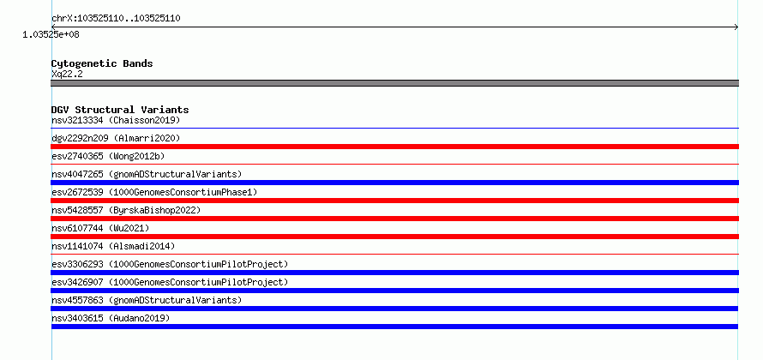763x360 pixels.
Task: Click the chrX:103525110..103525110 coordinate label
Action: [117, 19]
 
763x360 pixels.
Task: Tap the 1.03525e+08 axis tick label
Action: [51, 34]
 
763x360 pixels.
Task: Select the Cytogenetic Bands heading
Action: [102, 63]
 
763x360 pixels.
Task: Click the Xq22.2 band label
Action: [67, 74]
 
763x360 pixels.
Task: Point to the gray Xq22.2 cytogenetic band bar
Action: [394, 83]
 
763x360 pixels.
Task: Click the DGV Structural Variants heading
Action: [120, 110]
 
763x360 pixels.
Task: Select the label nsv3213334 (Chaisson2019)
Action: [116, 120]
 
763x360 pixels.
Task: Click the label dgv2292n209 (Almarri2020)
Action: [116, 138]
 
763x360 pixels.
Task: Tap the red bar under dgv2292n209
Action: [394, 147]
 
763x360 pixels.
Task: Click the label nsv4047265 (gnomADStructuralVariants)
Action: [147, 174]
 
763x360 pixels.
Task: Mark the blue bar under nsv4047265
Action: [394, 183]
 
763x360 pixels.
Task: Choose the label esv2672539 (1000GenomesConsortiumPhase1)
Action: [154, 192]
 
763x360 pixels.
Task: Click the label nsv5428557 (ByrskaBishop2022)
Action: [126, 210]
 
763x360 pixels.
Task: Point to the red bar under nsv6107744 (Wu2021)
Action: [394, 237]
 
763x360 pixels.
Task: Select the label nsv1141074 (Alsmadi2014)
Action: [113, 246]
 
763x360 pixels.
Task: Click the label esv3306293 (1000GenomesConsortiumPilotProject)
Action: [170, 264]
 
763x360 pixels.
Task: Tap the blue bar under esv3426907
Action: [394, 291]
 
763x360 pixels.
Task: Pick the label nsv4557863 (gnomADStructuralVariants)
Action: [147, 300]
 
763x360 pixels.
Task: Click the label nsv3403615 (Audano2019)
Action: [111, 318]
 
